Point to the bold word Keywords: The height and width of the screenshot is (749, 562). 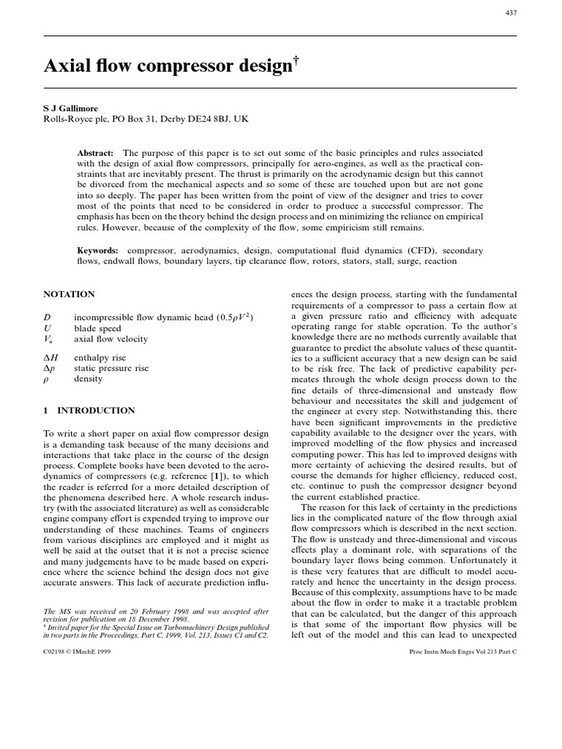tap(98, 250)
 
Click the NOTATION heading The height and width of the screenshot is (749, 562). tap(70, 295)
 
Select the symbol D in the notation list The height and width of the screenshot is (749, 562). tap(47, 316)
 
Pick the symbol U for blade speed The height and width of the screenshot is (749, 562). tap(47, 328)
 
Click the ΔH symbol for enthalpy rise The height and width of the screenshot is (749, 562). tap(50, 357)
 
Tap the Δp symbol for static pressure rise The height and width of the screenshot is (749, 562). tap(49, 369)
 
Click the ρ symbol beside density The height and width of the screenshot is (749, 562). tap(47, 380)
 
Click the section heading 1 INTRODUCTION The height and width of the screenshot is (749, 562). tap(89, 411)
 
